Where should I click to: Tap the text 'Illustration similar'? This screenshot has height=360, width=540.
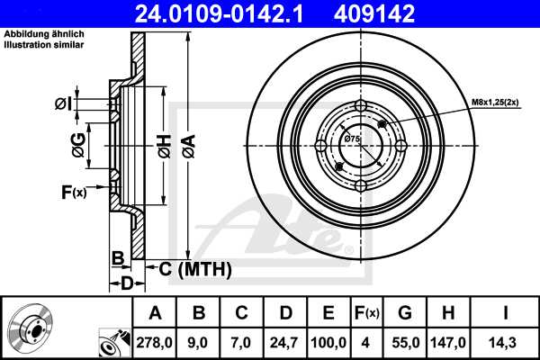[x=44, y=45]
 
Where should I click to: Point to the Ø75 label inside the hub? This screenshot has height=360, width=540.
[x=352, y=139]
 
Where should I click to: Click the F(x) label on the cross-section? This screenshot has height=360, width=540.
[x=74, y=191]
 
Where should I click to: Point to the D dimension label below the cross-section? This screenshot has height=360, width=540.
[x=127, y=284]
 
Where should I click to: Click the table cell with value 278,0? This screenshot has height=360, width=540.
[x=156, y=343]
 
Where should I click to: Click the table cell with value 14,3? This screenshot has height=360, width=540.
[x=506, y=343]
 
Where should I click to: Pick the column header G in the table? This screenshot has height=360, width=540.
[x=404, y=313]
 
